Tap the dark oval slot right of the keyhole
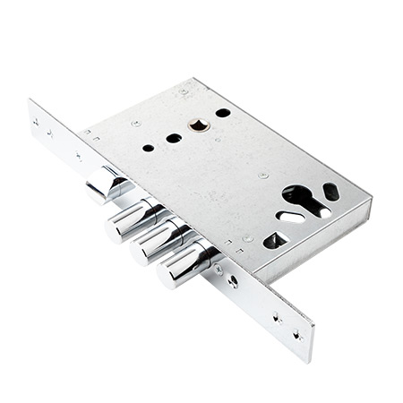tap(330, 191)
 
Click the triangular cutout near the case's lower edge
tap(275, 239)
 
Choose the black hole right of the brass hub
tap(223, 113)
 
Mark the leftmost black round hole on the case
tap(148, 148)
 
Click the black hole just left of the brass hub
tap(174, 138)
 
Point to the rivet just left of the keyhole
tap(263, 176)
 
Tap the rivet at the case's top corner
tap(184, 91)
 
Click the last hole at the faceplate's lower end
tap(296, 336)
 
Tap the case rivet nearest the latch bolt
tap(136, 123)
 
